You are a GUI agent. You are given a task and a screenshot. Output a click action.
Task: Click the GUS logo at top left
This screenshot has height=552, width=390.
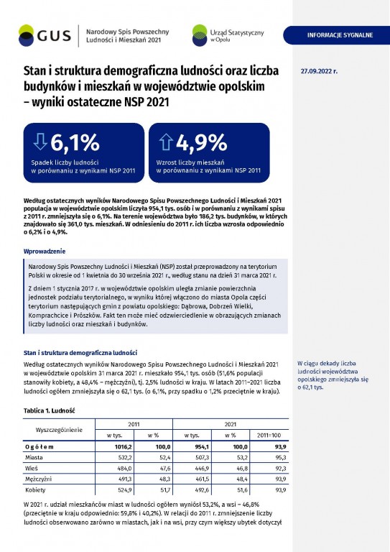tap(45, 35)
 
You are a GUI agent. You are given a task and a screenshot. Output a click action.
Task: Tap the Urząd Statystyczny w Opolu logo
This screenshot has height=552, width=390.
tap(228, 35)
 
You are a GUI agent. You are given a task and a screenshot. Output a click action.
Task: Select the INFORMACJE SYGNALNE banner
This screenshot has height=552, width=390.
tap(337, 35)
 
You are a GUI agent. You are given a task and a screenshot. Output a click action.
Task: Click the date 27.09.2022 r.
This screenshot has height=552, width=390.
tap(319, 71)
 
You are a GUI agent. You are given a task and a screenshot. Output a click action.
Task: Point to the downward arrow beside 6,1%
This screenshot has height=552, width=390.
tap(40, 142)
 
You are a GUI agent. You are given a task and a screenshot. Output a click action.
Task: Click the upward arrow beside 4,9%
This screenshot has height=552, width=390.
tap(165, 142)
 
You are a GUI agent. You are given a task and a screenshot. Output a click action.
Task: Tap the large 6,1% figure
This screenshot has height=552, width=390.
tap(75, 142)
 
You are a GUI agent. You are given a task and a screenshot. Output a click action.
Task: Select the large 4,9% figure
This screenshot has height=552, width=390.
tap(202, 142)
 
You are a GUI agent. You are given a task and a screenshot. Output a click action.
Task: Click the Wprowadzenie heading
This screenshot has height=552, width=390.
tap(45, 252)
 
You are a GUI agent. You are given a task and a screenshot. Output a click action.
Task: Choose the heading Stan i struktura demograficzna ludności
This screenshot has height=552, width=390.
tap(80, 353)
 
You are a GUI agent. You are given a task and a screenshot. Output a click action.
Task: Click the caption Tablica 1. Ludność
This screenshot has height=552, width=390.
tap(50, 411)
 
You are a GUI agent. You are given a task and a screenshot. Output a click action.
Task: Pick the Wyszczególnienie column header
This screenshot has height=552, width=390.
tap(59, 430)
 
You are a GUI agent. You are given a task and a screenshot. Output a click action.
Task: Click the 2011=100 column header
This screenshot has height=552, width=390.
tap(269, 435)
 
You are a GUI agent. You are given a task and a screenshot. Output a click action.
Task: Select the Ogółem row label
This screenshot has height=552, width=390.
tap(40, 447)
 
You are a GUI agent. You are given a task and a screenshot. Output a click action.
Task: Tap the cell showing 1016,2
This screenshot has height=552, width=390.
tap(123, 447)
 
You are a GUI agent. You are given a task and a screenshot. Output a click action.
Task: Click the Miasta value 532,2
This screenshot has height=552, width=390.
tap(124, 458)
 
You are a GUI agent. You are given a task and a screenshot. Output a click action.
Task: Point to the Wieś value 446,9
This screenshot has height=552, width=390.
tap(202, 469)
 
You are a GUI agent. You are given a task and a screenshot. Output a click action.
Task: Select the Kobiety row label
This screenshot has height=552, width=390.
tap(35, 490)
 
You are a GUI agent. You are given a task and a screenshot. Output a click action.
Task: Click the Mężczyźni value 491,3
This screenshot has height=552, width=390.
tap(124, 479)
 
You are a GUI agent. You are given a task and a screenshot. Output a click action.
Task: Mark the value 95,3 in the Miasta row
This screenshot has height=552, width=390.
tap(281, 458)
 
